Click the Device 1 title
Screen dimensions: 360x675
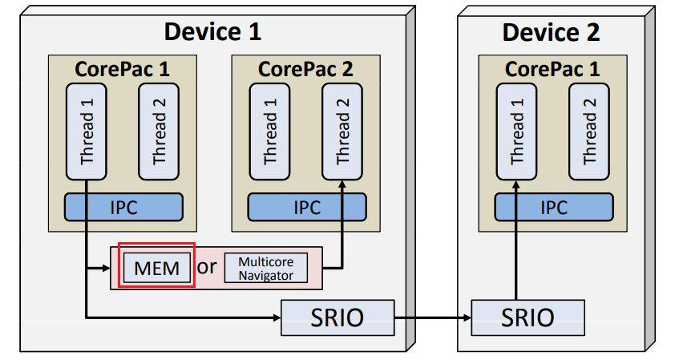212,32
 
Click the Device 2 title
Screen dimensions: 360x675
551,33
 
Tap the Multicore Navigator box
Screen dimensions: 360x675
265,267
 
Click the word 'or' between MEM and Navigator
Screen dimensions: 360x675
207,266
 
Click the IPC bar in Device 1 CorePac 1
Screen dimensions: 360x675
123,207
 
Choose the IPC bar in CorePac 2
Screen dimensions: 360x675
306,207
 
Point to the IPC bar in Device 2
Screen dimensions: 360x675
552,207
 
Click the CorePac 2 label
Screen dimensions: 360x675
305,68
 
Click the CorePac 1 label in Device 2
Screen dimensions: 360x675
552,68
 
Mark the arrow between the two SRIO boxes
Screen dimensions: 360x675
432,318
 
